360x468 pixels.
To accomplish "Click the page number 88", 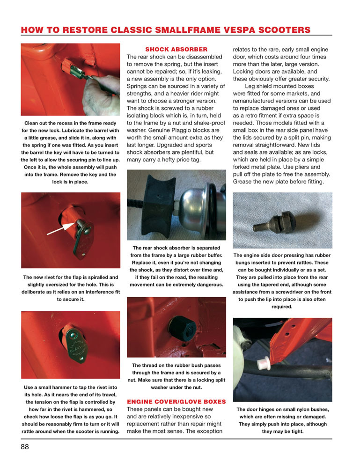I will (25, 446).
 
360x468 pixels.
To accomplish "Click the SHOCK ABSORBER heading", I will (176, 49).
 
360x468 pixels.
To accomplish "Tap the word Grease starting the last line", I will (245, 182).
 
